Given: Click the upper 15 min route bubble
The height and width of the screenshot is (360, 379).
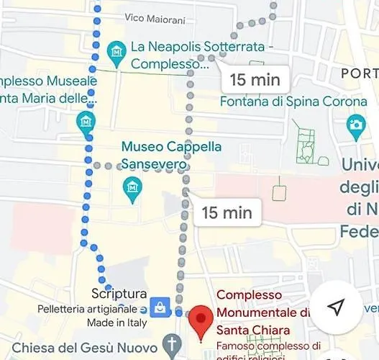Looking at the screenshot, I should [x=255, y=79].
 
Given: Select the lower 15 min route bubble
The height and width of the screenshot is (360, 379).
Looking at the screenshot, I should [x=227, y=212].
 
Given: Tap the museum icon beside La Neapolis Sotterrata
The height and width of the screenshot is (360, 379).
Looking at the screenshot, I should [x=116, y=51].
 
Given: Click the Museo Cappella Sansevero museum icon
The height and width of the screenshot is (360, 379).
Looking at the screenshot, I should [x=132, y=189].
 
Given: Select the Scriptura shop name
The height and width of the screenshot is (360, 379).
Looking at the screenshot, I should [x=119, y=294].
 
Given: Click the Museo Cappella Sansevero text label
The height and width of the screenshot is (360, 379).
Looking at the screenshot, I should [x=171, y=155].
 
